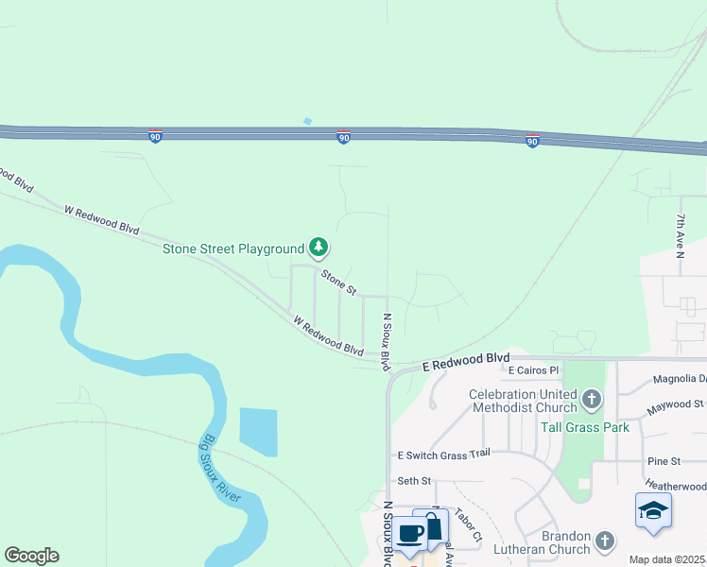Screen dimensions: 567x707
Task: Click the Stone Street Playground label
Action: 233,249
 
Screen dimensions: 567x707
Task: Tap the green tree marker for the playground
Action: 319,249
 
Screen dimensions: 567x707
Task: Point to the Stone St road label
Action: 337,282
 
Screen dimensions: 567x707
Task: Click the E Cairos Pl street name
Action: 533,370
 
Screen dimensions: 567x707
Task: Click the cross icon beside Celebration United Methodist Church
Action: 592,399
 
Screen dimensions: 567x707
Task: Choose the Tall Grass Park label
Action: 584,427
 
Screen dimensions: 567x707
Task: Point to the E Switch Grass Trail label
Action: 443,455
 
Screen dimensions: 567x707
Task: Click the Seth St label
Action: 414,481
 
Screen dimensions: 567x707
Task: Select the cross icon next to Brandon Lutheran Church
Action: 605,541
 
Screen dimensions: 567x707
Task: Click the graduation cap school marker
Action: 653,511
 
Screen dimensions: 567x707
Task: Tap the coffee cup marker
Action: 410,533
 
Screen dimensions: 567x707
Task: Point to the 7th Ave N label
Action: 680,235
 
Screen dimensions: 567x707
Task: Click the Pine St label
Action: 664,461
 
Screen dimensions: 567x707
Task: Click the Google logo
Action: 31,556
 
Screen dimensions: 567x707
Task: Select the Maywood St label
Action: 676,405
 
